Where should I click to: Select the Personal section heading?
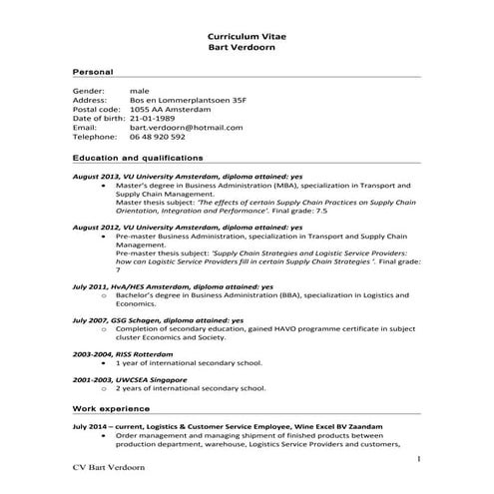point(93,73)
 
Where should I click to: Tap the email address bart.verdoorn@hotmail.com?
point(172,127)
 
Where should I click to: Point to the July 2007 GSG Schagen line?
point(158,319)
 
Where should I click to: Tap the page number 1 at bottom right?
point(420,458)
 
